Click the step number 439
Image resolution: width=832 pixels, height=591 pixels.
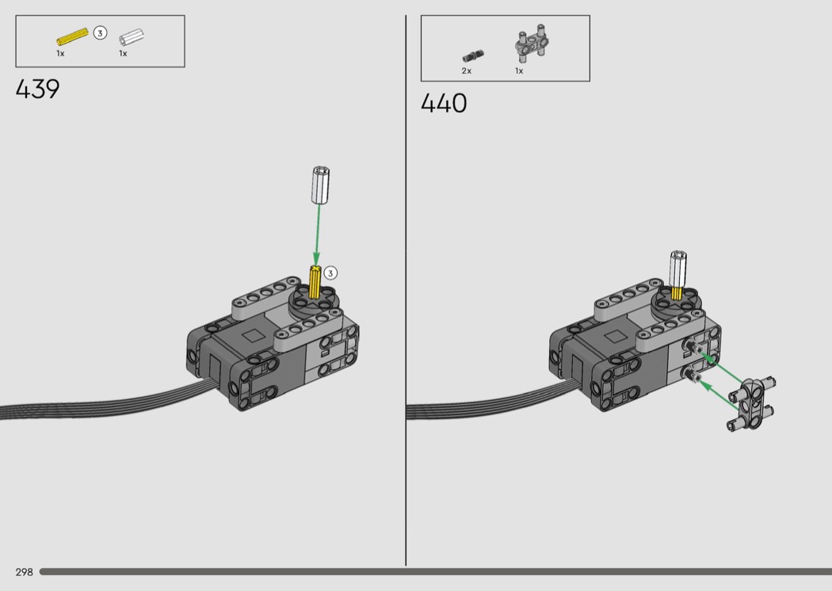click(38, 90)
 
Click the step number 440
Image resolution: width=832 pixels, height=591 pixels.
click(444, 103)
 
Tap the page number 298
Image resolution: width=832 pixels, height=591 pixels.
click(25, 572)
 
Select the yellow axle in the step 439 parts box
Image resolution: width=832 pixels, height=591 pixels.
click(72, 36)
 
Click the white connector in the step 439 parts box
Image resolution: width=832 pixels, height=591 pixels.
click(131, 38)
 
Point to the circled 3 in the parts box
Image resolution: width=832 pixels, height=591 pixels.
click(100, 33)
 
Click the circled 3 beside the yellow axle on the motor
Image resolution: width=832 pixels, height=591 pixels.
click(330, 273)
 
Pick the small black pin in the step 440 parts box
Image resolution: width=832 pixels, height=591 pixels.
click(473, 55)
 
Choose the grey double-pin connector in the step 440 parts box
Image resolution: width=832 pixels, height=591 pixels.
click(531, 42)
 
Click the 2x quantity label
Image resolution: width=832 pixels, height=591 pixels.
click(467, 71)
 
